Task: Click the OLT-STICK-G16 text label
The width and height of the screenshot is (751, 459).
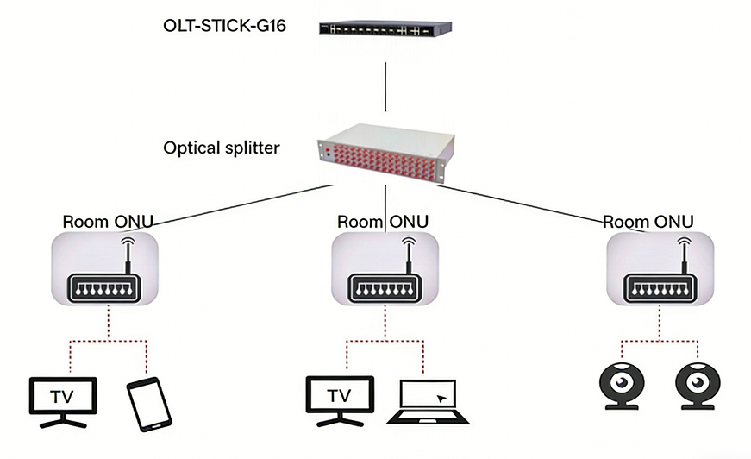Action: click(x=224, y=26)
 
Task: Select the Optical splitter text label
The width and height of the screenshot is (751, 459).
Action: click(x=222, y=148)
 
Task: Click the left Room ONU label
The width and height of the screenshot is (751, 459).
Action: click(x=108, y=222)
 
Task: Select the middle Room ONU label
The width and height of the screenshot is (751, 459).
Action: click(x=383, y=222)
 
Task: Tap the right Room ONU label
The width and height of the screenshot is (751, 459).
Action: click(x=648, y=222)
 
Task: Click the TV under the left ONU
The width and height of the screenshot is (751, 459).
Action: click(x=63, y=399)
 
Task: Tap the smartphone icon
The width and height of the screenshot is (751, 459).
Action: click(x=149, y=402)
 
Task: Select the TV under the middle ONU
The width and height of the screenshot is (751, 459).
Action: click(x=340, y=399)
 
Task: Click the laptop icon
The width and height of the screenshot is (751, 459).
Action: click(x=433, y=401)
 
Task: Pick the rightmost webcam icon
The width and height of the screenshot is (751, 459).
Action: click(x=697, y=384)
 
